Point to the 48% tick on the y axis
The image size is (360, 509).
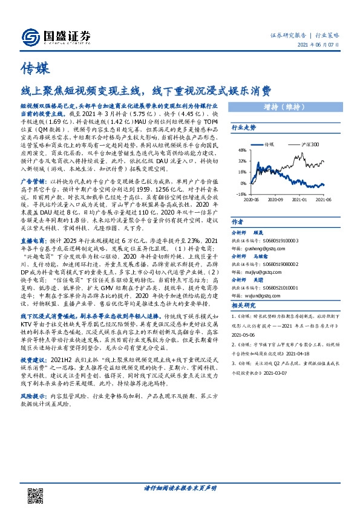point(241,150)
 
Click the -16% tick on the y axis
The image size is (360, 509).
point(241,194)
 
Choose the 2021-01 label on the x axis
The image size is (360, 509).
point(300,199)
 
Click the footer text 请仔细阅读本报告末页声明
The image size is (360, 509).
point(180,487)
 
